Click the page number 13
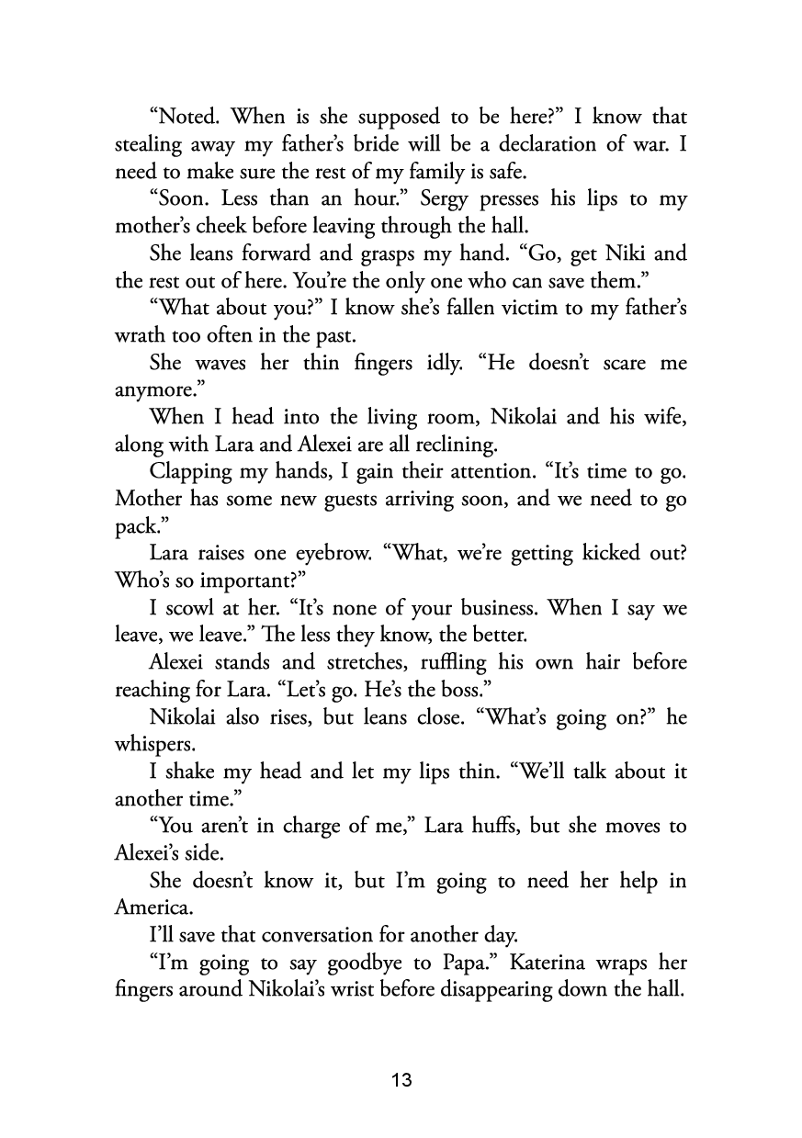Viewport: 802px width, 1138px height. coord(401,1079)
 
